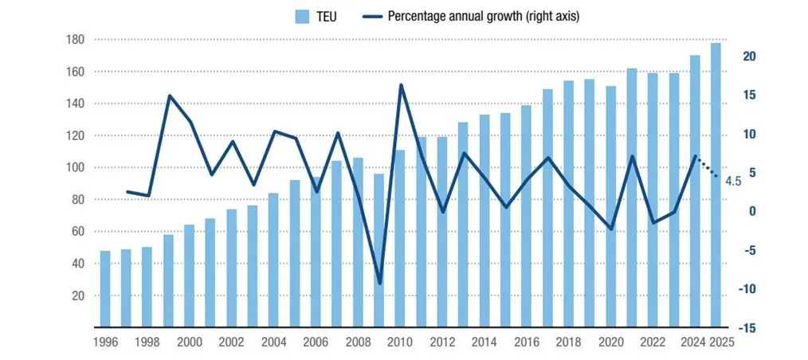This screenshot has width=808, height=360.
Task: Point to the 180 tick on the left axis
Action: (x=75, y=40)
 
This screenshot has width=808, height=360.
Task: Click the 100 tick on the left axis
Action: (x=75, y=167)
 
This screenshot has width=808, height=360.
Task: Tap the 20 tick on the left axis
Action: (x=78, y=295)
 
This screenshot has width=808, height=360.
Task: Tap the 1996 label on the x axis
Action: (x=105, y=343)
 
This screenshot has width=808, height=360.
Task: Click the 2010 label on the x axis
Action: (x=398, y=343)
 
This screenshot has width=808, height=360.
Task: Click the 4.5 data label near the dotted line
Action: (x=733, y=182)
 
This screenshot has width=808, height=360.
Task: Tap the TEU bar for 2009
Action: (x=379, y=250)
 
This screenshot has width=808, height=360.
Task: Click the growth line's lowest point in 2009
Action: (x=379, y=283)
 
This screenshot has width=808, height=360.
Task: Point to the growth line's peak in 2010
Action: (x=400, y=84)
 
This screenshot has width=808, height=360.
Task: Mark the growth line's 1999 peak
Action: (x=169, y=96)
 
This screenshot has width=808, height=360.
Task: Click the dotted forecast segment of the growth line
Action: (x=707, y=167)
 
